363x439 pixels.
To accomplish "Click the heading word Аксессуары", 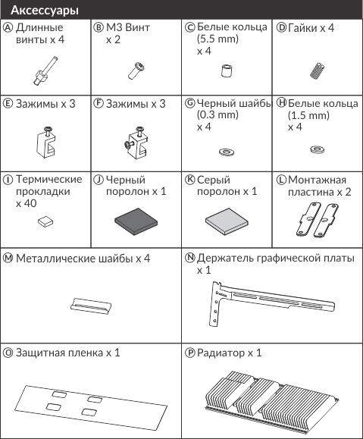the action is pyautogui.click(x=45, y=11).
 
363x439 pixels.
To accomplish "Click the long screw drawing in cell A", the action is pyautogui.click(x=45, y=71).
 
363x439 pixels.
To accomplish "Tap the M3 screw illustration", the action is pyautogui.click(x=136, y=71).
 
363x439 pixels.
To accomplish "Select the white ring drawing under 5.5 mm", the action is pyautogui.click(x=227, y=71).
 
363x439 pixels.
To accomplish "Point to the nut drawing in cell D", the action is pyautogui.click(x=317, y=71).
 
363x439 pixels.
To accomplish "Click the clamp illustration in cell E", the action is pyautogui.click(x=46, y=141).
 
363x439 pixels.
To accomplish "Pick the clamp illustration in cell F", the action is pyautogui.click(x=136, y=143).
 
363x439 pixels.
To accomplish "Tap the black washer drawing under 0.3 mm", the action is pyautogui.click(x=227, y=152).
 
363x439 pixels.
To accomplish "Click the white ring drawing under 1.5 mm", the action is pyautogui.click(x=318, y=149).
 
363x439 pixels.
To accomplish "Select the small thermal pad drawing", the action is pyautogui.click(x=45, y=221).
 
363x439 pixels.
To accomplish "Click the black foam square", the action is pyautogui.click(x=136, y=221).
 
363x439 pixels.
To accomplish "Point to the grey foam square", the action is pyautogui.click(x=227, y=221).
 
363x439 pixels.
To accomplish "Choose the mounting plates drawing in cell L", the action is pyautogui.click(x=317, y=221).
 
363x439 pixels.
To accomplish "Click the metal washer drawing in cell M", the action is pyautogui.click(x=91, y=306).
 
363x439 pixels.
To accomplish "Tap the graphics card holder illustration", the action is pyautogui.click(x=271, y=304).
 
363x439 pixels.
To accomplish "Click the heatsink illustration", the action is pyautogui.click(x=272, y=399).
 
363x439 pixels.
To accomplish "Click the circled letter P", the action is pyautogui.click(x=190, y=353).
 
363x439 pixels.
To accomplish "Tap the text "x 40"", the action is pyautogui.click(x=27, y=203).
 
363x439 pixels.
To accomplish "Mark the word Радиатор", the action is pyautogui.click(x=221, y=353).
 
